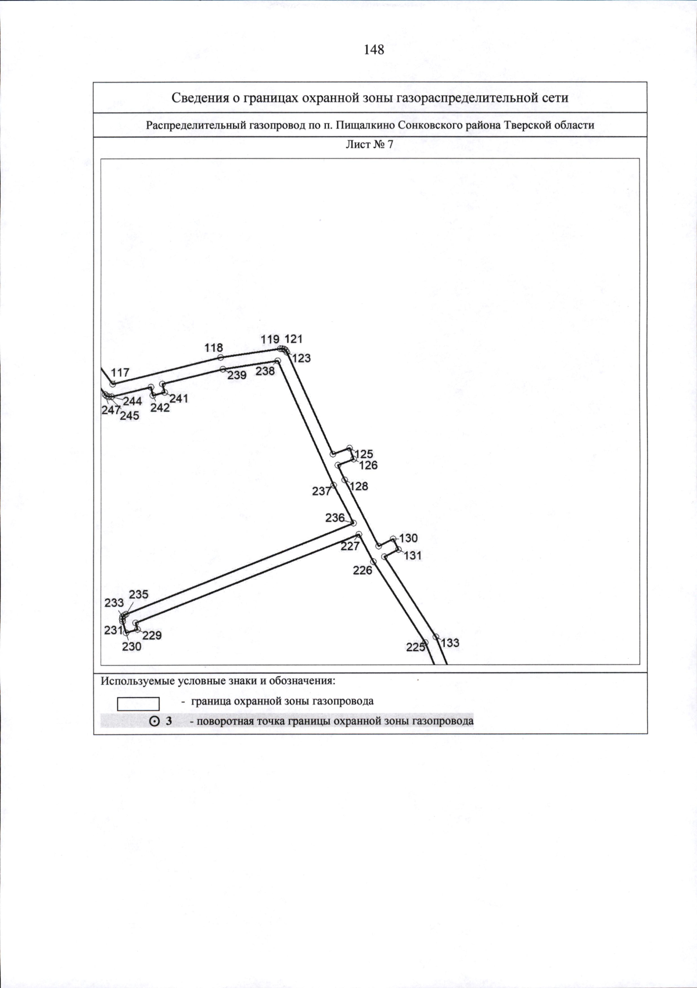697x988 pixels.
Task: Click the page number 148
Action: pyautogui.click(x=374, y=50)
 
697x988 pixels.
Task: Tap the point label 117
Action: pyautogui.click(x=120, y=373)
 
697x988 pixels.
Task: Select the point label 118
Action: pyautogui.click(x=214, y=348)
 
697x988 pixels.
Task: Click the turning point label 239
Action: pyautogui.click(x=237, y=375)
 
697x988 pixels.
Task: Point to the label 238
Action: pyautogui.click(x=265, y=371)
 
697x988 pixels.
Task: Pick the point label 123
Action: pyautogui.click(x=301, y=358)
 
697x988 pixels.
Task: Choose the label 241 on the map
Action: pyautogui.click(x=179, y=398)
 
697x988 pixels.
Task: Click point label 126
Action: pyautogui.click(x=368, y=465)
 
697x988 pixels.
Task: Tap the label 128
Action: pyautogui.click(x=359, y=486)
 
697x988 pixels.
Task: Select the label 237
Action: pyautogui.click(x=321, y=491)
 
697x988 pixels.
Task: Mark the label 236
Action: pyautogui.click(x=335, y=518)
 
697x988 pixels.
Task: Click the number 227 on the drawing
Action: pyautogui.click(x=350, y=547)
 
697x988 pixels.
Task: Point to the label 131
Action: pyautogui.click(x=412, y=556)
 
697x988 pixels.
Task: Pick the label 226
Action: pyautogui.click(x=362, y=570)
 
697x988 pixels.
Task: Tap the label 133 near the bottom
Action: pyautogui.click(x=450, y=643)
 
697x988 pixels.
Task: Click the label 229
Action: pyautogui.click(x=152, y=635)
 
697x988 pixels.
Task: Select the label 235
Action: pyautogui.click(x=139, y=595)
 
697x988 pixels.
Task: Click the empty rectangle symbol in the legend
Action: pyautogui.click(x=138, y=704)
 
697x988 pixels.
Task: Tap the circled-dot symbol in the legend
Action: pyautogui.click(x=155, y=721)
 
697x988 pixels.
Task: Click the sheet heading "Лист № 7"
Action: pyautogui.click(x=369, y=145)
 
